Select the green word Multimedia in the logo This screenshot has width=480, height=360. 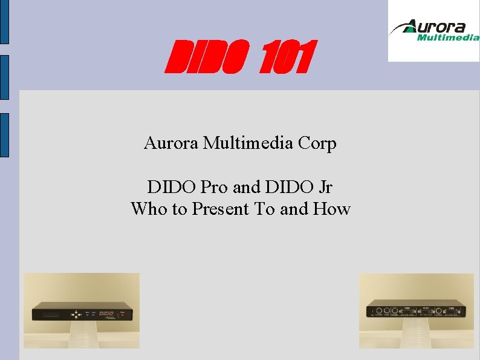[x=448, y=38]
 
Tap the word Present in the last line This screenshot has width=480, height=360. [x=221, y=209]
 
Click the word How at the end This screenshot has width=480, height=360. [x=332, y=209]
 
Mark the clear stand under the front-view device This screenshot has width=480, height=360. [x=80, y=335]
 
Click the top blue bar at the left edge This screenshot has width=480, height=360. [x=4, y=22]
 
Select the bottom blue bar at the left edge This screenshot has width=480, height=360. [x=4, y=134]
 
